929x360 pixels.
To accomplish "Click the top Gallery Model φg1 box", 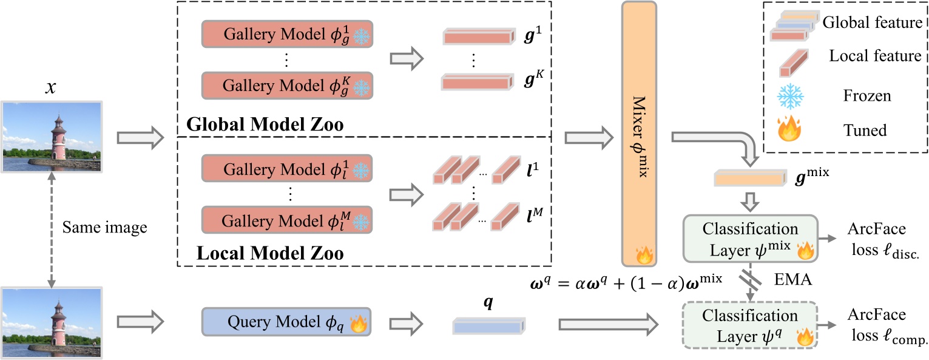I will pyautogui.click(x=286, y=35).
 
